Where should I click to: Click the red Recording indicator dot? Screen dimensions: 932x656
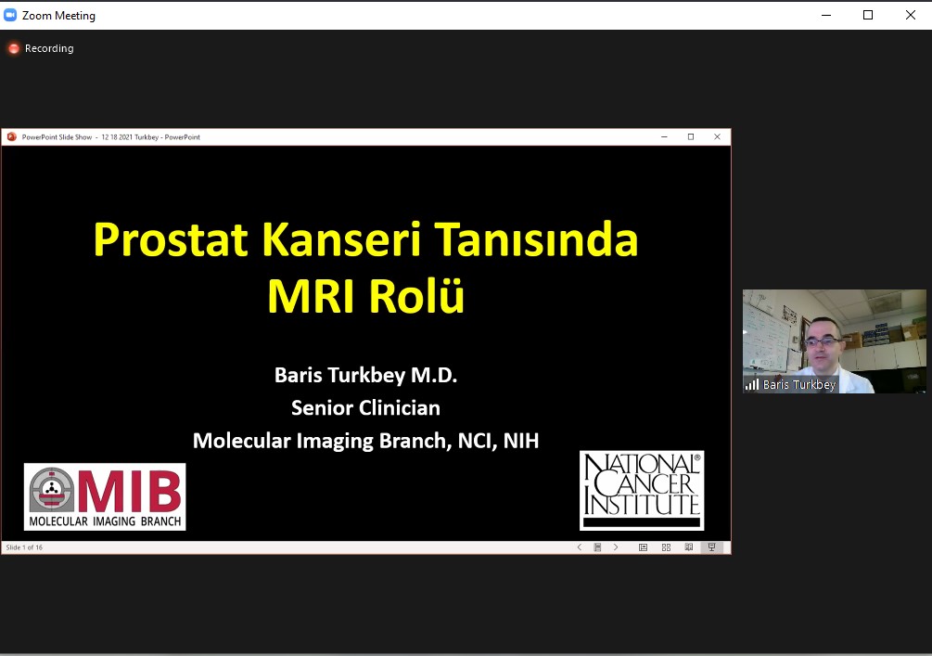(x=14, y=48)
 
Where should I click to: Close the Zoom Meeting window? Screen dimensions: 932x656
(x=910, y=15)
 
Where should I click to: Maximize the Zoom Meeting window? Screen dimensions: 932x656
(x=868, y=15)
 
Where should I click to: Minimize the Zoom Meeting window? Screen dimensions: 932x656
(x=826, y=15)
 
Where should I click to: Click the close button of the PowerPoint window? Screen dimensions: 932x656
(x=718, y=136)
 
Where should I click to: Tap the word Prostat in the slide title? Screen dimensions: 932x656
(x=171, y=239)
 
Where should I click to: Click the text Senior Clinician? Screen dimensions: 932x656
(x=365, y=408)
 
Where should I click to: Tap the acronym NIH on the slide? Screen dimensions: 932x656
(x=520, y=441)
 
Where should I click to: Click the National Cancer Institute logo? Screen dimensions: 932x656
(x=642, y=491)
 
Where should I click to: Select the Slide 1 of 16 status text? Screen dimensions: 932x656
(x=24, y=547)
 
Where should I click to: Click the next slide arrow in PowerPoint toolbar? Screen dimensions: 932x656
(x=616, y=547)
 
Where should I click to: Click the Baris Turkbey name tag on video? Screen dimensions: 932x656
(x=798, y=385)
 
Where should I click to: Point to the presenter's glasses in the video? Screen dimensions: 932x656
(x=823, y=342)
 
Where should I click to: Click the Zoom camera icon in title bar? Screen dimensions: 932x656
(x=10, y=15)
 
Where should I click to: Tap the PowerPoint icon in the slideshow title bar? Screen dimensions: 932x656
(x=11, y=136)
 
